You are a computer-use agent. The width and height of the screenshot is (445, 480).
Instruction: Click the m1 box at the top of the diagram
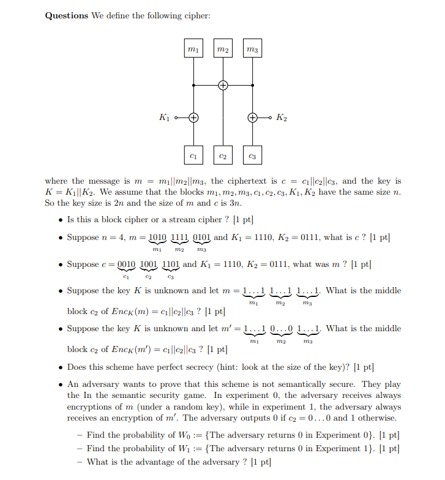coord(193,48)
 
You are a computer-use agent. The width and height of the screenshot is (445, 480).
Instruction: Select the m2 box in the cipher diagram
coord(223,48)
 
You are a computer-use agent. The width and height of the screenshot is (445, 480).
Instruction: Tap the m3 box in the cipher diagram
coord(252,48)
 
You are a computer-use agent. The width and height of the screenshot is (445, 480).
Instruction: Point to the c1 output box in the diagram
coord(193,157)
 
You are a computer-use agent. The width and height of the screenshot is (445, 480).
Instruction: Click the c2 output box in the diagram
coord(223,157)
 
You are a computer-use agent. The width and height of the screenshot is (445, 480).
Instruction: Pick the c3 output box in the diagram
coord(252,157)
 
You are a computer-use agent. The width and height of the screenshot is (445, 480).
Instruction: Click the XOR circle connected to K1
coord(193,117)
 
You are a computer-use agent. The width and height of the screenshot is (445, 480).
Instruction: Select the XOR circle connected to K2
coord(252,117)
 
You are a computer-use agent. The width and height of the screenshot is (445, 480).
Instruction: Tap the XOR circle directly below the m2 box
coord(223,85)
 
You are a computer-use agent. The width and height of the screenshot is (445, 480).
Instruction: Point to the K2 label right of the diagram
coord(281,117)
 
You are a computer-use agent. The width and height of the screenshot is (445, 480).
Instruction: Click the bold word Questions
coord(67,16)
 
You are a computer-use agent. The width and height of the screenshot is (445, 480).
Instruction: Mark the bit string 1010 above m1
coord(157,237)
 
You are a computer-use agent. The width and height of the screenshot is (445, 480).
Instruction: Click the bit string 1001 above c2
coord(149,264)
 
